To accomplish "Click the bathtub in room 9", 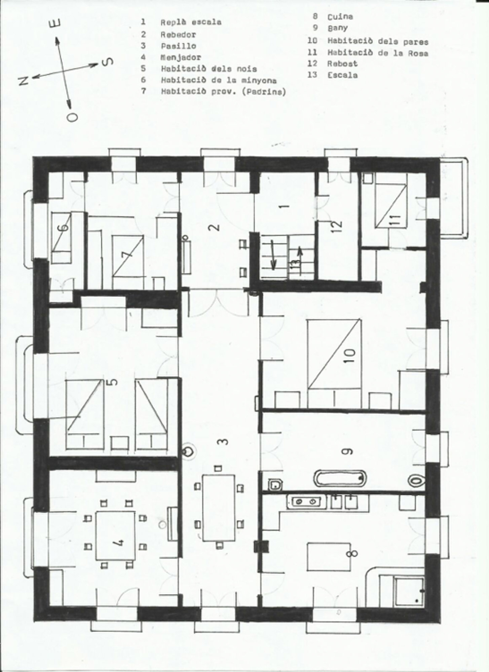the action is coord(340,478).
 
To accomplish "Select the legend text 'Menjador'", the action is coord(181,57).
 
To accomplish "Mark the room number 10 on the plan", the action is coord(350,353).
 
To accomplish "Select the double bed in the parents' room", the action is coord(334,354).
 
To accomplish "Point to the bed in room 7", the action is coord(127,256).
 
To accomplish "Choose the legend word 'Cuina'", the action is coord(340,16).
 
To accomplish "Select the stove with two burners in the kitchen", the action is coord(306,502).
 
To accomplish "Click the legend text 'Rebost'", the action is coord(342,64).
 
